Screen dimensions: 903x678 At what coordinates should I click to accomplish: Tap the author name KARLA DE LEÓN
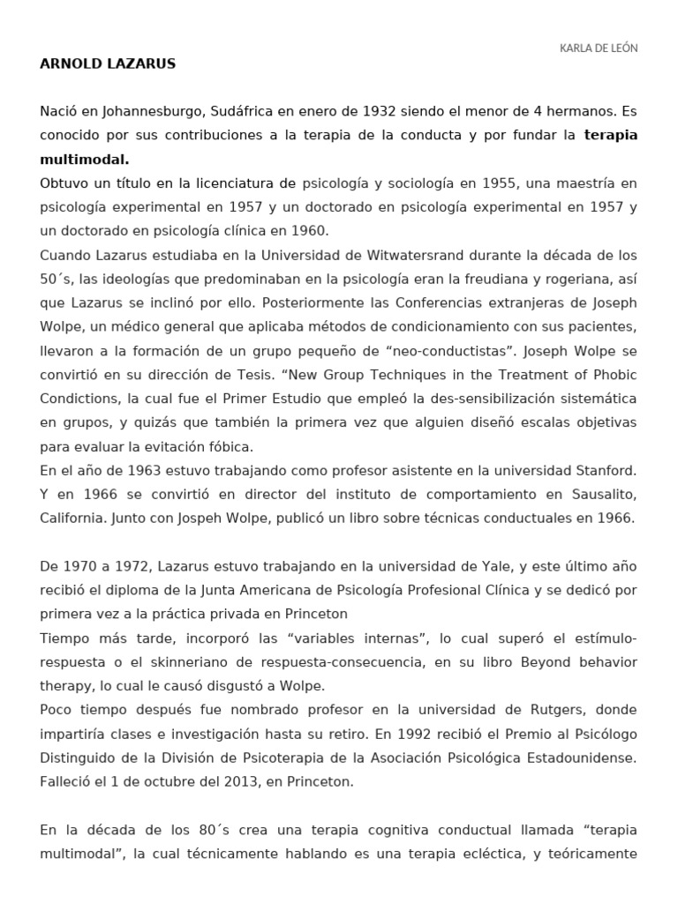599,48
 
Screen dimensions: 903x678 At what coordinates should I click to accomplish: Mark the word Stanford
600,471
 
